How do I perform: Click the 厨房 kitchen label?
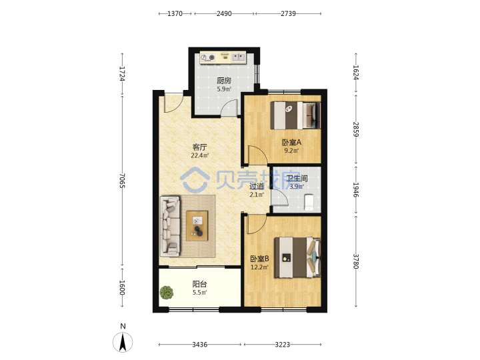[x=224, y=81]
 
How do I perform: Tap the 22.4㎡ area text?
[x=199, y=155]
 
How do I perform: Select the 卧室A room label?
[x=291, y=143]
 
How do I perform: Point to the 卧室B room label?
[x=259, y=259]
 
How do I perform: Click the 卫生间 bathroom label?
[x=297, y=178]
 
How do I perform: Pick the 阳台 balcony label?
[x=199, y=284]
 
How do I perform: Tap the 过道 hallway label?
[x=257, y=186]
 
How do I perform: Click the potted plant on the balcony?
[x=167, y=293]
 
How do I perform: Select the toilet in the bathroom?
[x=309, y=202]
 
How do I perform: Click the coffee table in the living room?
[x=197, y=226]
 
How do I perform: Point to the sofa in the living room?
[x=170, y=227]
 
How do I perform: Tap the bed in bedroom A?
[x=295, y=115]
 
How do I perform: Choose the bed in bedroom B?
[x=297, y=258]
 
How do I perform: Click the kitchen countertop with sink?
[x=223, y=57]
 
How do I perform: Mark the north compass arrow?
[x=123, y=343]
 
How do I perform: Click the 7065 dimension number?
[x=122, y=181]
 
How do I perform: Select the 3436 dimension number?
[x=199, y=345]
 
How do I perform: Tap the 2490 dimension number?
[x=224, y=13]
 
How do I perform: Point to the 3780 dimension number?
[x=356, y=261]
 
